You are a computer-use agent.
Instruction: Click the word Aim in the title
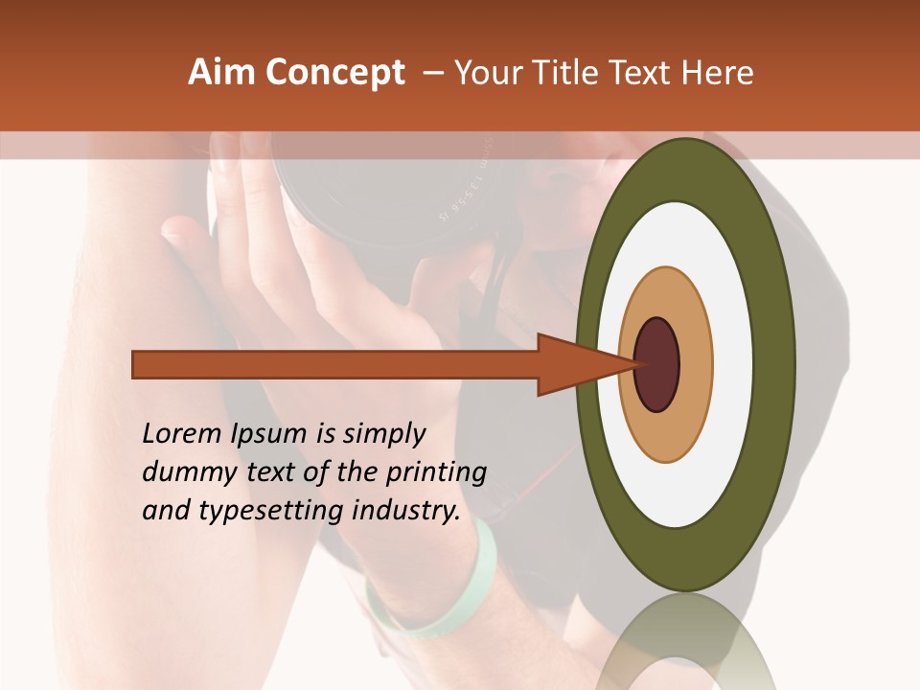(x=221, y=73)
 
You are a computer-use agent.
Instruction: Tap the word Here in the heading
(x=720, y=73)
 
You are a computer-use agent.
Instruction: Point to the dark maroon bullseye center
(x=657, y=364)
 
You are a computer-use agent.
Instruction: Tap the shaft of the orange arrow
(x=335, y=365)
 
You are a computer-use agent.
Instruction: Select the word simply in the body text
(x=382, y=435)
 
